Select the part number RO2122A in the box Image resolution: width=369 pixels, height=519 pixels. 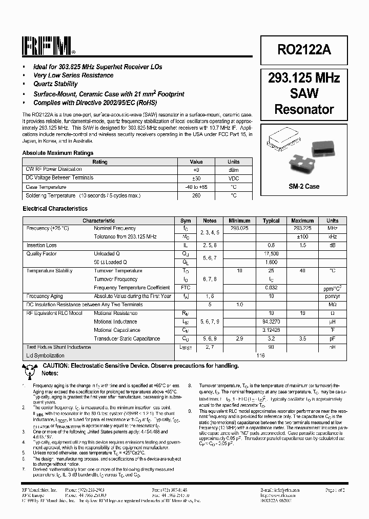coord(304,49)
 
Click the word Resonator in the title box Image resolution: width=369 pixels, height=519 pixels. coord(304,109)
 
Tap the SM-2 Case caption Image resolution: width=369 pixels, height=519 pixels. coord(304,186)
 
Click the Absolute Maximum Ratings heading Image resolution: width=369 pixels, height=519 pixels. coord(58,153)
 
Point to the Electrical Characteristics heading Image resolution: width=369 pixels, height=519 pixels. coord(55,209)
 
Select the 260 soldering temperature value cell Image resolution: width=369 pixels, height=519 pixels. coord(196,195)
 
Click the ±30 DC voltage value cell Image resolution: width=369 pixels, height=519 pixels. coord(196,178)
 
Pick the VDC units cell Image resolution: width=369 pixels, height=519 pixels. coord(234,178)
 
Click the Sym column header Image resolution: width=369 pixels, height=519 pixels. coord(186,221)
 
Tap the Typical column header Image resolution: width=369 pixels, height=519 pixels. coord(271,221)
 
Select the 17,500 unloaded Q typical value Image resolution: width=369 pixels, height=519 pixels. coord(271,254)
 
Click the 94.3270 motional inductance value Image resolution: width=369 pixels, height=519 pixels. coord(271,322)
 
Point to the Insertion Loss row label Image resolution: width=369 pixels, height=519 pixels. coord(42,246)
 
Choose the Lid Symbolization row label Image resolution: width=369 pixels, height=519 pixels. coord(45,355)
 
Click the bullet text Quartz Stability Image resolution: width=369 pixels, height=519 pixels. coord(55,84)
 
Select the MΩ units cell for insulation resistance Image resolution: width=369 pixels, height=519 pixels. coord(332,305)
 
